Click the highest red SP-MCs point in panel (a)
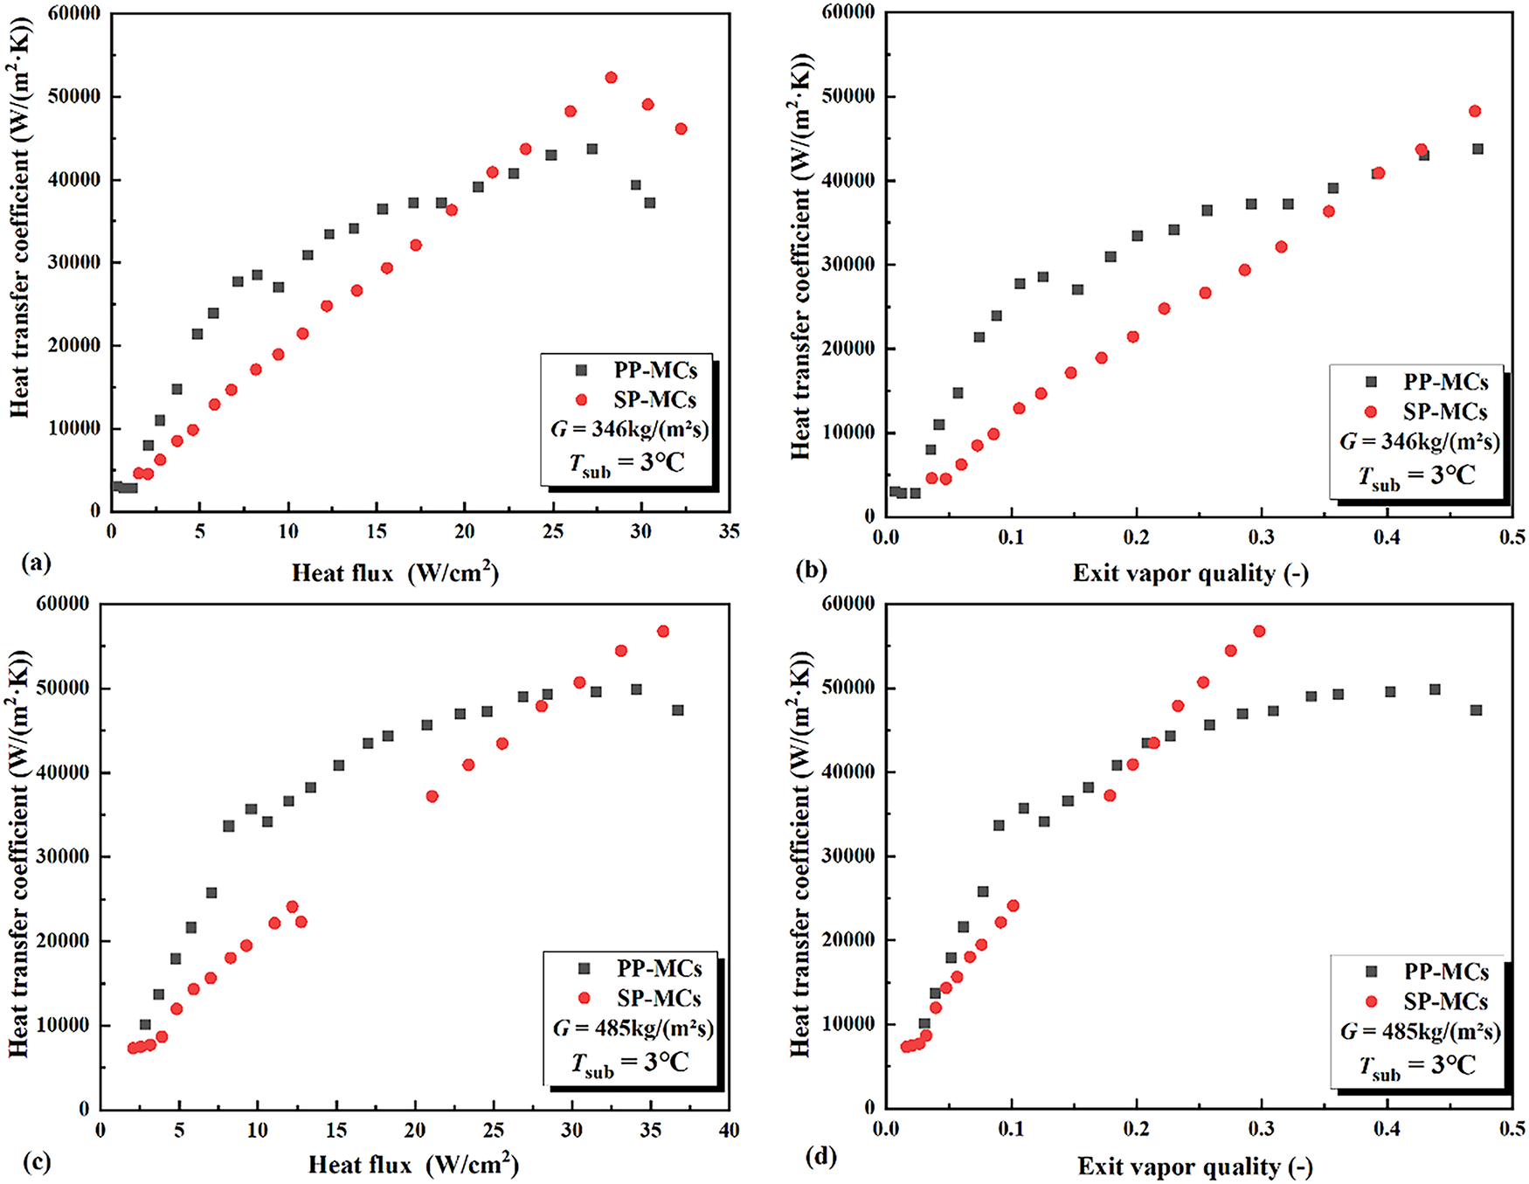(611, 78)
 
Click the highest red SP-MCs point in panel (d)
(1259, 631)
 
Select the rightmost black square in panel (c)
(678, 710)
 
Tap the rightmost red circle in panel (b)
(1475, 111)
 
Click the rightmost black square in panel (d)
(1477, 710)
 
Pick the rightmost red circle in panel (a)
(681, 129)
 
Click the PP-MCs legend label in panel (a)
(655, 370)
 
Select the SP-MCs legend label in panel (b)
(1445, 412)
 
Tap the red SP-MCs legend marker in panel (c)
(585, 998)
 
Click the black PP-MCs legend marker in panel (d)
(1372, 972)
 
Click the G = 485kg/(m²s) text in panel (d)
(1421, 1031)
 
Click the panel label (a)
(37, 564)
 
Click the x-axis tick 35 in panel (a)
(730, 531)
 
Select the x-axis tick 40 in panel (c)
(729, 1130)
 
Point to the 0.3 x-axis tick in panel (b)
(1262, 537)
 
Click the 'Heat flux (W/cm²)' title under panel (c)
(413, 1165)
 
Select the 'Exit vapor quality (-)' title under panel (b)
(1190, 573)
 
